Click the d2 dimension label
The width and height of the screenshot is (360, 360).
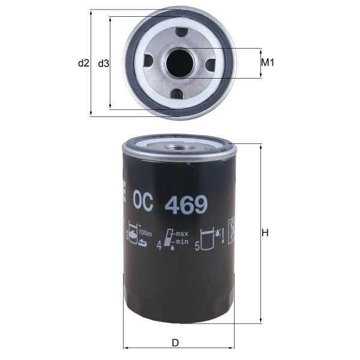coord(83,63)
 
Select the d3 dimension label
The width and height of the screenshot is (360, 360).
coord(103,63)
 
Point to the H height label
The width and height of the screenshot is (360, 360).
coord(265,235)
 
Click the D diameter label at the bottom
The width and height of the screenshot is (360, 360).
coord(175,343)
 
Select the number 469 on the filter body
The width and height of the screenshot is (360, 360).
coord(187,206)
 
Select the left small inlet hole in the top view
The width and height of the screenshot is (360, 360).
coord(148,61)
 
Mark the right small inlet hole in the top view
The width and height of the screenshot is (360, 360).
coord(210,64)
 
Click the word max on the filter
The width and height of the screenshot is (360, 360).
coord(182,233)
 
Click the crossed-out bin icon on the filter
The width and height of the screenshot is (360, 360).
coord(230,230)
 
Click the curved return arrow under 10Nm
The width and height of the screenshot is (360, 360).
coord(142,243)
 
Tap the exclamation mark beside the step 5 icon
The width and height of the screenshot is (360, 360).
coord(223,237)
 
